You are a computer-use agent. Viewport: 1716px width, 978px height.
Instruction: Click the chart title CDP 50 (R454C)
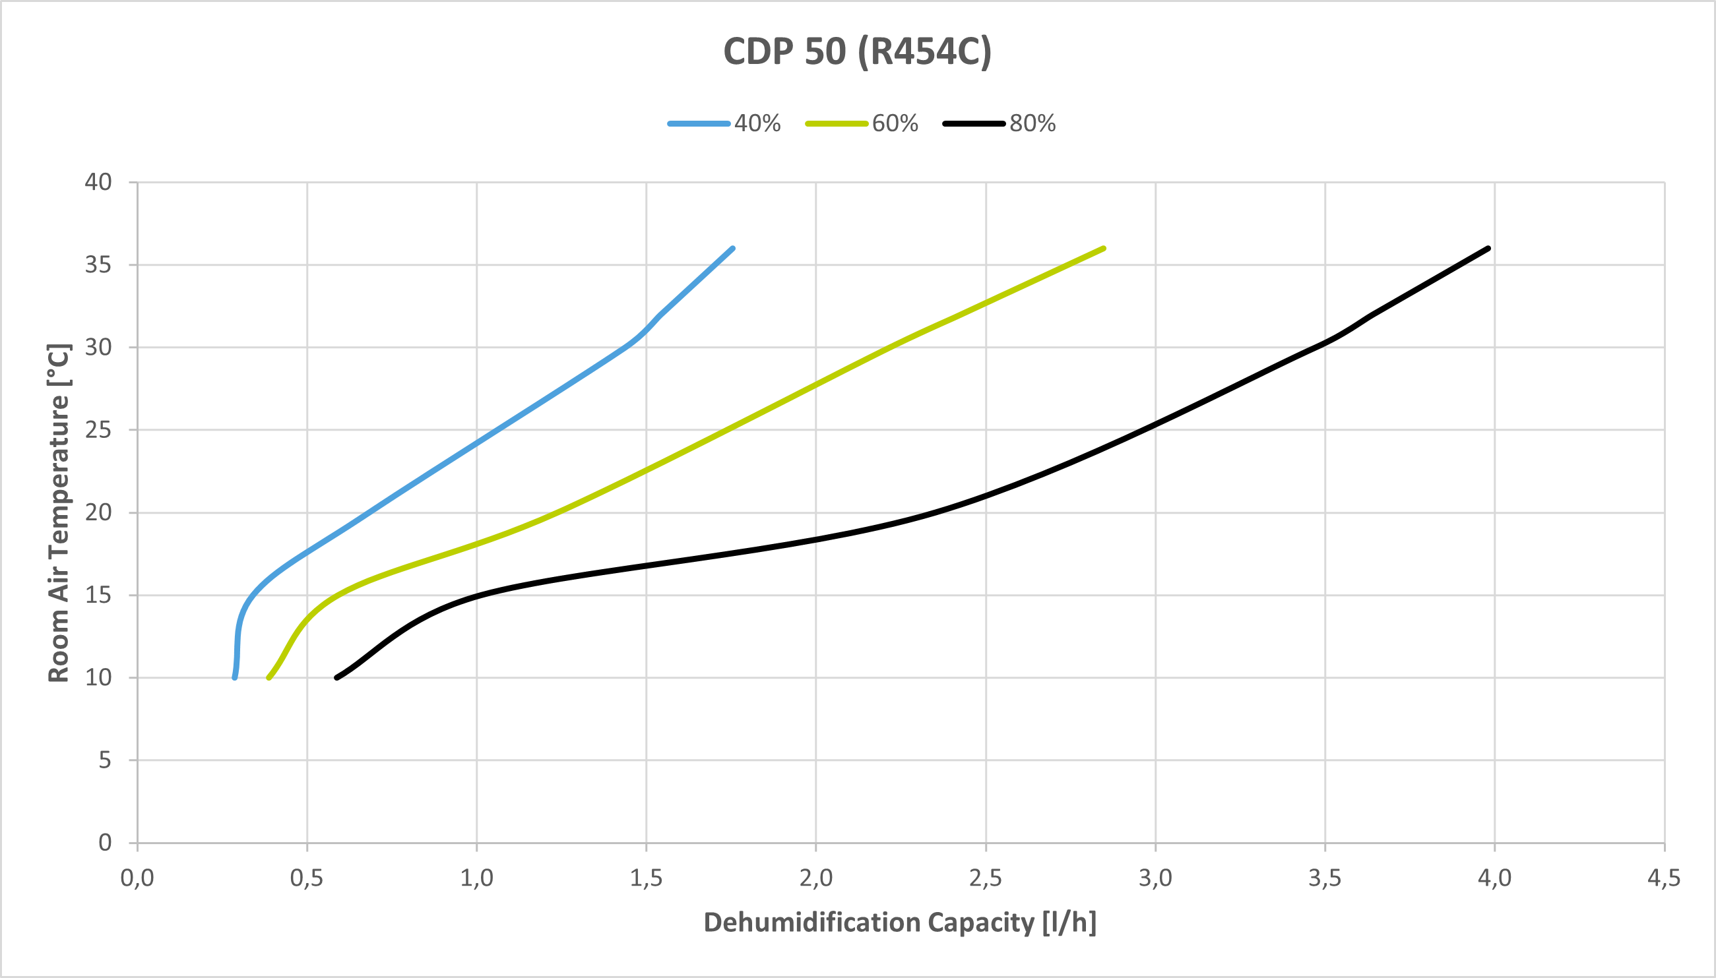click(857, 51)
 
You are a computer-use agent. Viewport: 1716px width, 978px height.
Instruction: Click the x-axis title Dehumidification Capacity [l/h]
click(900, 922)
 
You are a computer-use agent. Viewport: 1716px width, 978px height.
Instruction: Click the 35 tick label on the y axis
click(98, 264)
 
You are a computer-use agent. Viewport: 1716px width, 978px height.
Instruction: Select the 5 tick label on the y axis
click(105, 760)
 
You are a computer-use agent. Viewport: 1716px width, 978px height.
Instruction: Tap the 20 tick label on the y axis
click(98, 512)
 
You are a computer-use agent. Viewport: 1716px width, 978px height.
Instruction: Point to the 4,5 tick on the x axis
click(1664, 878)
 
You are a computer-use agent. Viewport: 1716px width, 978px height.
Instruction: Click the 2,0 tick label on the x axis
click(815, 878)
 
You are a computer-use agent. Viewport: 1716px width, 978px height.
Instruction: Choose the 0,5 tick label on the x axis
click(307, 878)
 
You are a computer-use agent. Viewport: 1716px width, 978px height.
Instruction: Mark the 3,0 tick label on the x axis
click(1155, 878)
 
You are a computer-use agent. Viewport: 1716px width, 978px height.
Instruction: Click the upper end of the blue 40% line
click(732, 249)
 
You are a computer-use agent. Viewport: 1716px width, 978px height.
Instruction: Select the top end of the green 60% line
click(1104, 249)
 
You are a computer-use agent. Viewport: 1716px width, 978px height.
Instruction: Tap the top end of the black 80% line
click(1489, 249)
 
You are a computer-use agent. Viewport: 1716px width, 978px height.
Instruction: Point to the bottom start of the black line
click(336, 678)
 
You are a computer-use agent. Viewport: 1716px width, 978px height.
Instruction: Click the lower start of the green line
click(269, 678)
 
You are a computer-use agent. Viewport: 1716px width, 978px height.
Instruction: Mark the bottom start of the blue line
click(234, 678)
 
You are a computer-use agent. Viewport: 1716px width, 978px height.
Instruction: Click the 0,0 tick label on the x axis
click(137, 878)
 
